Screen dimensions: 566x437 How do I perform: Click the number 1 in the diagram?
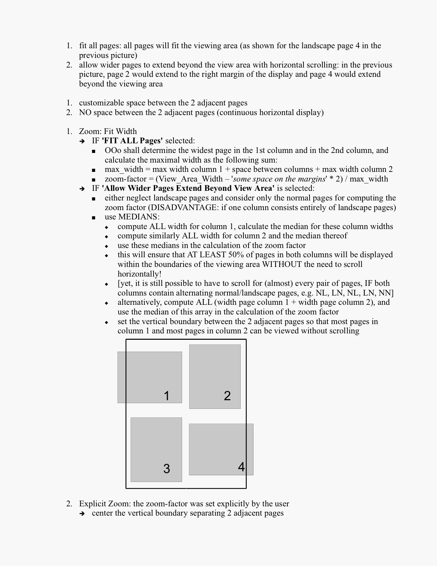click(166, 396)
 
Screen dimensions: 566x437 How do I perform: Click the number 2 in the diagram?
click(227, 396)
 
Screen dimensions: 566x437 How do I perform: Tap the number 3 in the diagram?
click(166, 469)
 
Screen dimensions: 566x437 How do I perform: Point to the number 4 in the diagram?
click(241, 467)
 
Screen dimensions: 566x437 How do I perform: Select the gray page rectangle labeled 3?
click(156, 443)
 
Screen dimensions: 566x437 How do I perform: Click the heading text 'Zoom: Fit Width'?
click(108, 131)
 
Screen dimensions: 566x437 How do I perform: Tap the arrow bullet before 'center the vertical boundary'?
click(82, 513)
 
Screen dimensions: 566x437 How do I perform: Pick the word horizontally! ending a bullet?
click(139, 274)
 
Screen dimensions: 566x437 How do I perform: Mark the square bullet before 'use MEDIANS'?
click(94, 217)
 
